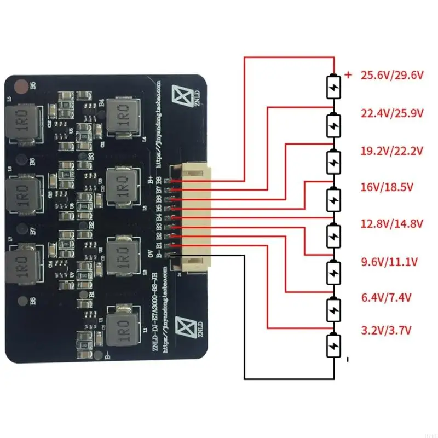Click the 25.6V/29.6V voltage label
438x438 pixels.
[x=392, y=76]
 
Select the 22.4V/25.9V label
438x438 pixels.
[x=392, y=113]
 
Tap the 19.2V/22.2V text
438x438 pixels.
[x=392, y=151]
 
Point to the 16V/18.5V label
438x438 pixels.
[x=387, y=187]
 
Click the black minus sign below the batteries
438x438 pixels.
[x=347, y=360]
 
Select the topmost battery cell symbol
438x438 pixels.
[x=333, y=86]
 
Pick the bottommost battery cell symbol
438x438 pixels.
[x=333, y=345]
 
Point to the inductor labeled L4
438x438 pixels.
[x=121, y=117]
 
